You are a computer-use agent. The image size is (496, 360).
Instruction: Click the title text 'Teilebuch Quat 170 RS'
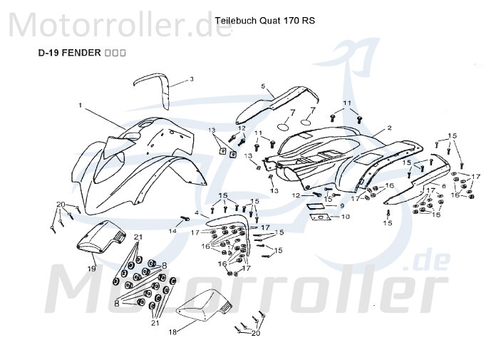point(264,21)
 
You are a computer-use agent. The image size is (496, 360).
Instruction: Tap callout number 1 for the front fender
point(81,106)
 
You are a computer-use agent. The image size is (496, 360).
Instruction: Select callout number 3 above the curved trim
point(191,79)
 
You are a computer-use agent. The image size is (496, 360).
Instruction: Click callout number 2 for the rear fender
point(389,128)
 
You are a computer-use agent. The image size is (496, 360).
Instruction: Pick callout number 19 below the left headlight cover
point(91,268)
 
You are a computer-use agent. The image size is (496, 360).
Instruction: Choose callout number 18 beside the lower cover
point(172,331)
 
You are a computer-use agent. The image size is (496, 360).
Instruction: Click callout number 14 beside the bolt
point(172,230)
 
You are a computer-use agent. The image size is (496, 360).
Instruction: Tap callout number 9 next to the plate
point(341,205)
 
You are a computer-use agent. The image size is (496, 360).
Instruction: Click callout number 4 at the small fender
point(195,215)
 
